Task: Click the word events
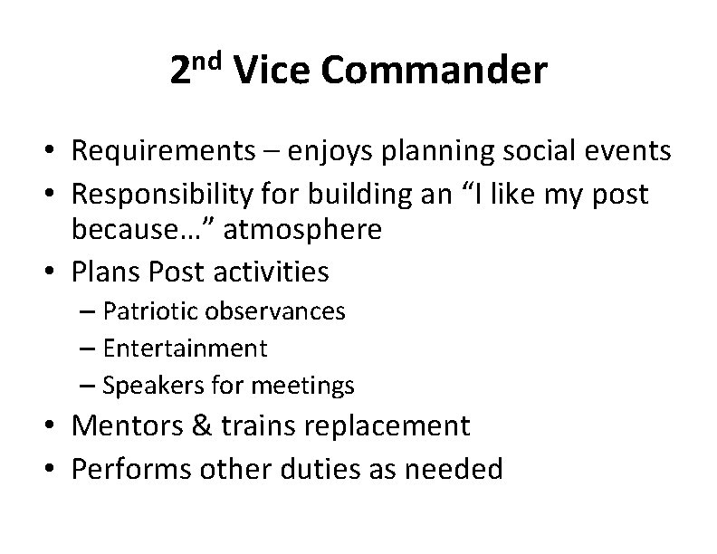coord(626,150)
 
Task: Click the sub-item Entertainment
coord(186,348)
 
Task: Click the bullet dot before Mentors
coord(53,426)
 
